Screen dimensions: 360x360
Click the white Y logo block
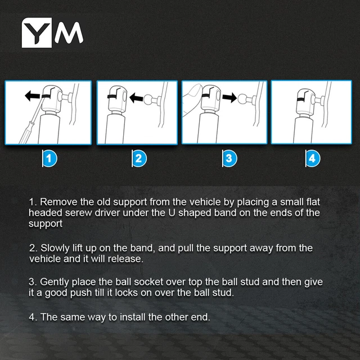pos(37,33)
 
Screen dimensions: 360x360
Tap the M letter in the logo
pos(69,33)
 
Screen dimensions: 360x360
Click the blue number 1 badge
pos(49,159)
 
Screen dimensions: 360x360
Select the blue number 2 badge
pos(139,159)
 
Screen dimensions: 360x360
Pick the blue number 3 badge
pos(229,159)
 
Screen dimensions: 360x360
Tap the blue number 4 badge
pos(313,159)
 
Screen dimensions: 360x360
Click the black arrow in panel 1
pos(33,96)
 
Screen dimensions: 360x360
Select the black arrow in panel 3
pos(229,97)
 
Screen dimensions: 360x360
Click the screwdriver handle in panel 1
pos(25,134)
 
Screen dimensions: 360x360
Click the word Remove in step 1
pos(58,202)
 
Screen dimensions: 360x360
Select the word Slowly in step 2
pos(55,248)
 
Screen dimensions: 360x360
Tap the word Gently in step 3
pos(55,282)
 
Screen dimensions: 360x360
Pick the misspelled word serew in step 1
pos(79,213)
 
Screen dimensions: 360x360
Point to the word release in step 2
pos(125,259)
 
